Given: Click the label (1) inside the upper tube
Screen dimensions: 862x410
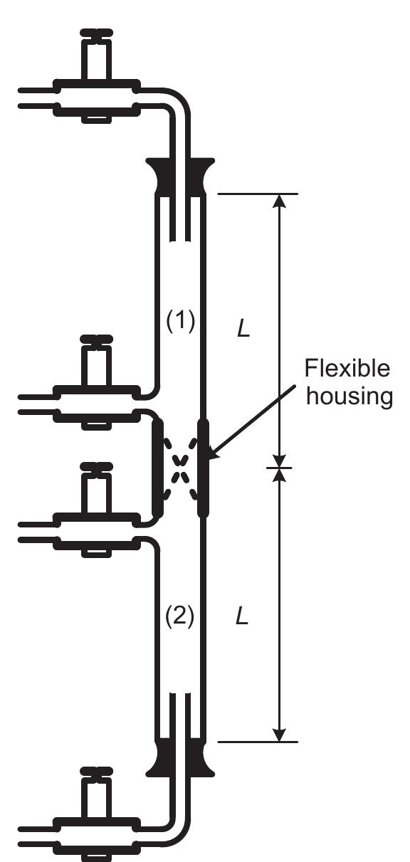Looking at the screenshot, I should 179,322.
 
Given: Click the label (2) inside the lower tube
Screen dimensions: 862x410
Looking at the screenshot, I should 179,616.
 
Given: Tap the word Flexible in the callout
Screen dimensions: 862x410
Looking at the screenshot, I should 347,369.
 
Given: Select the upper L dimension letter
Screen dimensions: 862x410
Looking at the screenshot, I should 243,330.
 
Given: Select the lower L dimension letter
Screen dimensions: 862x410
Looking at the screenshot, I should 242,616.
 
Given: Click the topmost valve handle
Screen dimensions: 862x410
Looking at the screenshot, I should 95,34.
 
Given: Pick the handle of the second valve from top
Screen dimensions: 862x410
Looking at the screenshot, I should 95,340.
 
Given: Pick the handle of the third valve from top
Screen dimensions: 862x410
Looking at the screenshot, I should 95,468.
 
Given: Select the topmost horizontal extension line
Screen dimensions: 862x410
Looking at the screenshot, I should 256,194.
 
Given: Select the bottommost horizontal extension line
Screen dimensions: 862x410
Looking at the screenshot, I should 256,742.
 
